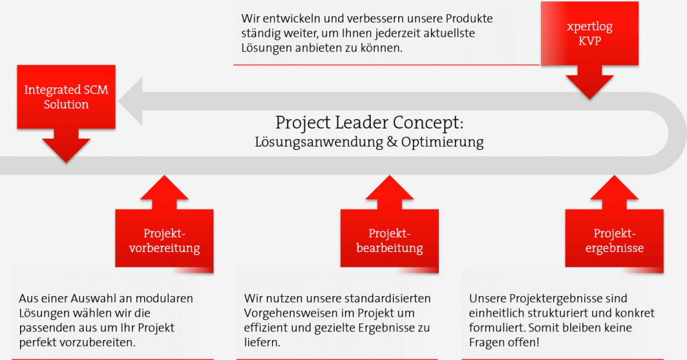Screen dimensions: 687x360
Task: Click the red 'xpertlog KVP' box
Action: coord(590,34)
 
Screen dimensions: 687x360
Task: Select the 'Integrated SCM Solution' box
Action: coord(66,97)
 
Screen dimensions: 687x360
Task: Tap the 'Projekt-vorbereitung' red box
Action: coord(164,241)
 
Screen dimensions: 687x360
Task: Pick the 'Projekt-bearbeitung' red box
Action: coord(390,241)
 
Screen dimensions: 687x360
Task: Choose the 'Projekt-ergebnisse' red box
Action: coord(614,241)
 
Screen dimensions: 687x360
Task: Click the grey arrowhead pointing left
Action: coord(131,101)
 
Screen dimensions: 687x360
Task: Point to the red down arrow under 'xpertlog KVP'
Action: coord(590,83)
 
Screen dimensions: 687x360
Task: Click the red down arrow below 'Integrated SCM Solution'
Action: coord(66,146)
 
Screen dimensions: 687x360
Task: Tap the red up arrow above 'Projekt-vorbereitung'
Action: coord(164,192)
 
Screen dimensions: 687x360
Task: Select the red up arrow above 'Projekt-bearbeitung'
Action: coord(390,192)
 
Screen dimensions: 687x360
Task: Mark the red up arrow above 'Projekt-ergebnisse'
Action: coord(614,192)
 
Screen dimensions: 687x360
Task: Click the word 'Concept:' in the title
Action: coord(428,123)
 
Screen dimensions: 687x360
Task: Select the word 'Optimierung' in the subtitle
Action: coord(442,143)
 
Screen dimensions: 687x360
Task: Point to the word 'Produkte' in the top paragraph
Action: coord(470,19)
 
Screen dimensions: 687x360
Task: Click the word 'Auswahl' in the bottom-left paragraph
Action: coord(93,298)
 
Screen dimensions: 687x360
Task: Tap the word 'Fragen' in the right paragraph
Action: coord(486,343)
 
